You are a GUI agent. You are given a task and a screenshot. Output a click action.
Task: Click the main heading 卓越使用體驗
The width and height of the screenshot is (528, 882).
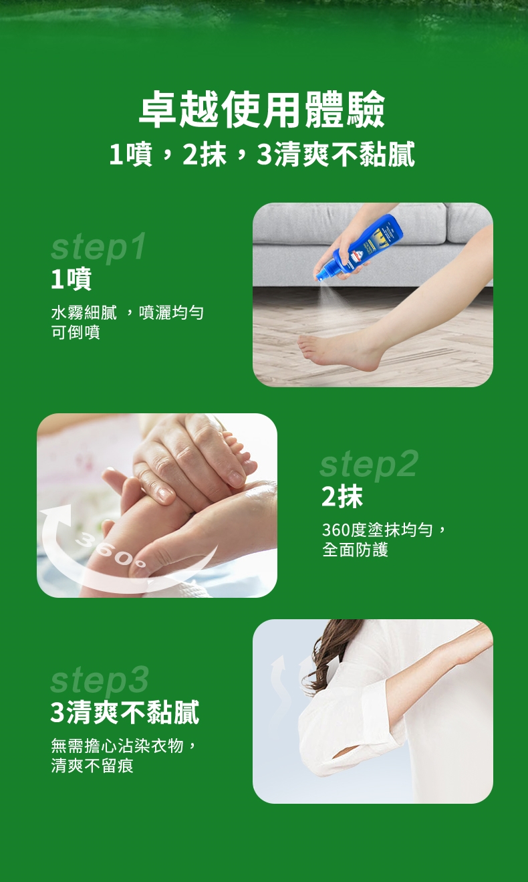pyautogui.click(x=262, y=109)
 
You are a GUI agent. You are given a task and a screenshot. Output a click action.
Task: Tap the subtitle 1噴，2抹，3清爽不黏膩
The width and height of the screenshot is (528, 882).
pyautogui.click(x=262, y=154)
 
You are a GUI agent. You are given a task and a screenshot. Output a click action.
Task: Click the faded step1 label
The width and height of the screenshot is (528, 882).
pyautogui.click(x=98, y=247)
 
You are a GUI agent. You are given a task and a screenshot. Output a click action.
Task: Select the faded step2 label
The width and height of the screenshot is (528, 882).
pyautogui.click(x=369, y=465)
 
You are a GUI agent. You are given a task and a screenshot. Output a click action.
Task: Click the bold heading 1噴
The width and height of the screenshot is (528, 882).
pyautogui.click(x=72, y=279)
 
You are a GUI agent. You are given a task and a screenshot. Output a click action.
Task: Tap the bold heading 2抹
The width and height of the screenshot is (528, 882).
pyautogui.click(x=342, y=497)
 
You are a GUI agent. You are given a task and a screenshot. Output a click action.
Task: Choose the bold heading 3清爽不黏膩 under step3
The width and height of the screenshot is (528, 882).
pyautogui.click(x=125, y=712)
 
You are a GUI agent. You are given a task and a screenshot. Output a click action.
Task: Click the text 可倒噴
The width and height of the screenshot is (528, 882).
pyautogui.click(x=76, y=332)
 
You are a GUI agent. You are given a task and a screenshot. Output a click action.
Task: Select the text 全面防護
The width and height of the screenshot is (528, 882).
pyautogui.click(x=355, y=550)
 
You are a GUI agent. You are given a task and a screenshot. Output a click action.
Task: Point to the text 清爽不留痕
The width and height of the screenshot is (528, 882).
pyautogui.click(x=92, y=766)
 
